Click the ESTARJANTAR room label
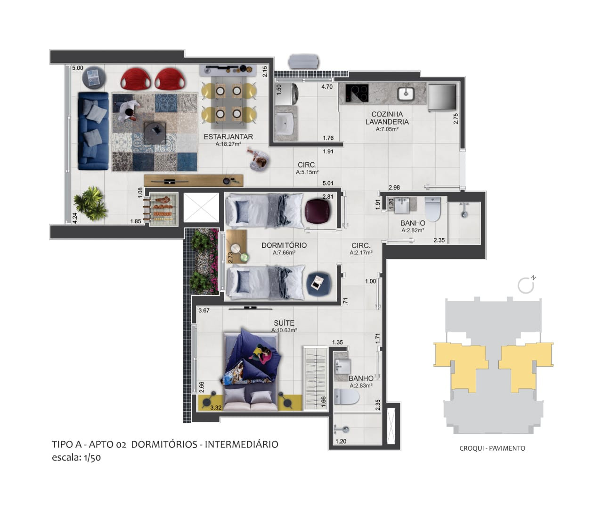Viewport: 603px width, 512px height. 228,137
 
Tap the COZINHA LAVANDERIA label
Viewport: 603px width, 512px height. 387,118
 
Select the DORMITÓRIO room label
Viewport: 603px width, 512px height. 284,245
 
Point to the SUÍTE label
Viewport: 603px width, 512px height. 284,323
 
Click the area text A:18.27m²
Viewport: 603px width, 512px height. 228,144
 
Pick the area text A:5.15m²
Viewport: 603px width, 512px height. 306,173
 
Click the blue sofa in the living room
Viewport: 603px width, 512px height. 93,131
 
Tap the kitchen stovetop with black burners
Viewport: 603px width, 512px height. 357,93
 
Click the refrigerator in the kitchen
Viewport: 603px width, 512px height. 441,97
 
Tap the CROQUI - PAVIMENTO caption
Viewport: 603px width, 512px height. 492,448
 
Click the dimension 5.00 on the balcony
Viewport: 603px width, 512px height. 78,68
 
